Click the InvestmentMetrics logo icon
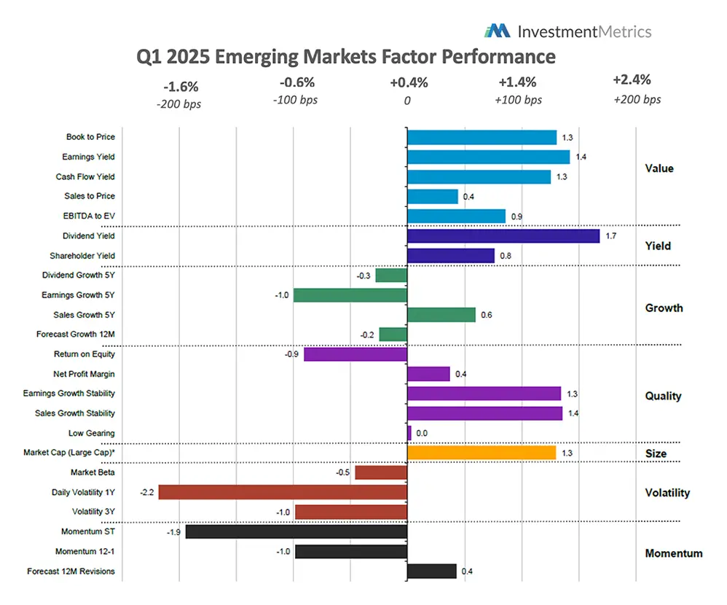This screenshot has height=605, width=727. point(498,31)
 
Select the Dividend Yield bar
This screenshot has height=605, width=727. point(503,236)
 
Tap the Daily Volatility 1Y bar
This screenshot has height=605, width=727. point(283,492)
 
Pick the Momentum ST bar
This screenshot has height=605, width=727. point(296,532)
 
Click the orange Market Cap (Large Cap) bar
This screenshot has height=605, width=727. point(481,453)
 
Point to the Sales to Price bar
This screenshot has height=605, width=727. point(432,196)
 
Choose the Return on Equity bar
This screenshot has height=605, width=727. point(355,354)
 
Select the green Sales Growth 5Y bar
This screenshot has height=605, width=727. point(441,315)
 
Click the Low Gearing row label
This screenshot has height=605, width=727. point(91,433)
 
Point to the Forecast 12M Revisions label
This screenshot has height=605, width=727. point(71,571)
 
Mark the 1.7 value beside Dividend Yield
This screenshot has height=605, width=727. point(610,236)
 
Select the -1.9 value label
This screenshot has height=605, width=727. point(175,532)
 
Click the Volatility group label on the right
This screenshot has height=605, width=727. point(667,493)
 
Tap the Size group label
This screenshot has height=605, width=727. point(656,453)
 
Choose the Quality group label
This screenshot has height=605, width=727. point(663,396)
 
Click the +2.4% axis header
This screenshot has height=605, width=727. point(632,80)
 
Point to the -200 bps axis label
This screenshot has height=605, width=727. point(178,104)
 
